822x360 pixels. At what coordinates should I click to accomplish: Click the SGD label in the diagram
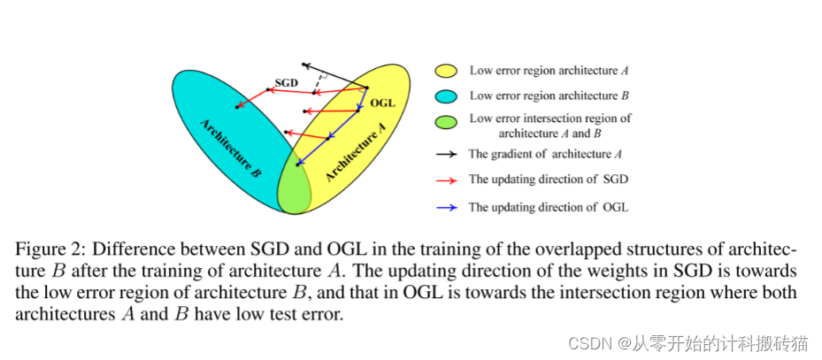(286, 82)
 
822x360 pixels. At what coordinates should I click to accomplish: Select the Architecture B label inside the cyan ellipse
(229, 148)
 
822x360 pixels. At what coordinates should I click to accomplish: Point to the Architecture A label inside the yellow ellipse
(357, 151)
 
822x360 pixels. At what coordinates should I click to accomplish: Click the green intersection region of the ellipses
(293, 187)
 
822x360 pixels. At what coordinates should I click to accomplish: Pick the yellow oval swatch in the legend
(446, 70)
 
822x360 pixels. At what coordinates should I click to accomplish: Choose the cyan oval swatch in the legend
(446, 96)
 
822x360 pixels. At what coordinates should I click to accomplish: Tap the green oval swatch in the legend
(446, 121)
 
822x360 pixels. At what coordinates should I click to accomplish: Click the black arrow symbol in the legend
(446, 154)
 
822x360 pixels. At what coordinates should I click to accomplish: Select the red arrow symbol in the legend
(446, 180)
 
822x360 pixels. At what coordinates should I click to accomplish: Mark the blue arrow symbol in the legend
(446, 207)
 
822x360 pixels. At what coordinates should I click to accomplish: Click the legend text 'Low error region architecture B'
(549, 96)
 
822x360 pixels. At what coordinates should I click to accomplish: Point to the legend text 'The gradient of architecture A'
(545, 154)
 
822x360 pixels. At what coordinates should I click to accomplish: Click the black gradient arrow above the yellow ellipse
(334, 75)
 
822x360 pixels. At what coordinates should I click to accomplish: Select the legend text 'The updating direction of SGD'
(549, 180)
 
